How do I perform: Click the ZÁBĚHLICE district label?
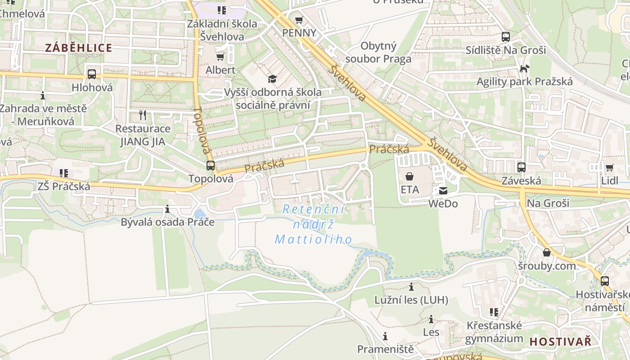tap(79, 48)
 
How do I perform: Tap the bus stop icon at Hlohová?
tap(92, 74)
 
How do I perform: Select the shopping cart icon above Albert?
tap(220, 57)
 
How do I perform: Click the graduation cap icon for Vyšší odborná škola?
tap(272, 79)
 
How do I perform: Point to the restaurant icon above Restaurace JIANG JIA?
tap(143, 115)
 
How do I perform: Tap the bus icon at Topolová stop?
tap(210, 165)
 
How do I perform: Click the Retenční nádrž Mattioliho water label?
tap(314, 224)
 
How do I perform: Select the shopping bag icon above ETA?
tap(409, 176)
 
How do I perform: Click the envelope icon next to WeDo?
tap(443, 191)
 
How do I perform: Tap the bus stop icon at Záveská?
tap(521, 167)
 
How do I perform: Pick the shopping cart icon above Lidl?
tap(609, 168)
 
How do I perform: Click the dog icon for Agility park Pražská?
tap(524, 68)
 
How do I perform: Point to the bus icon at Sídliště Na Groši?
tap(505, 37)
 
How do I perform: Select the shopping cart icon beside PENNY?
tap(299, 20)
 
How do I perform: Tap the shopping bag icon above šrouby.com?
tap(546, 253)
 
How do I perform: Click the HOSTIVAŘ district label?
tap(560, 342)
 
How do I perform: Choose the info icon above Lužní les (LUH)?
tap(411, 287)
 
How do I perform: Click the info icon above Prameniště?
tap(385, 336)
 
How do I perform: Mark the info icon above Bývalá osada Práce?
tap(167, 209)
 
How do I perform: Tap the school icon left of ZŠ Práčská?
tap(64, 173)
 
